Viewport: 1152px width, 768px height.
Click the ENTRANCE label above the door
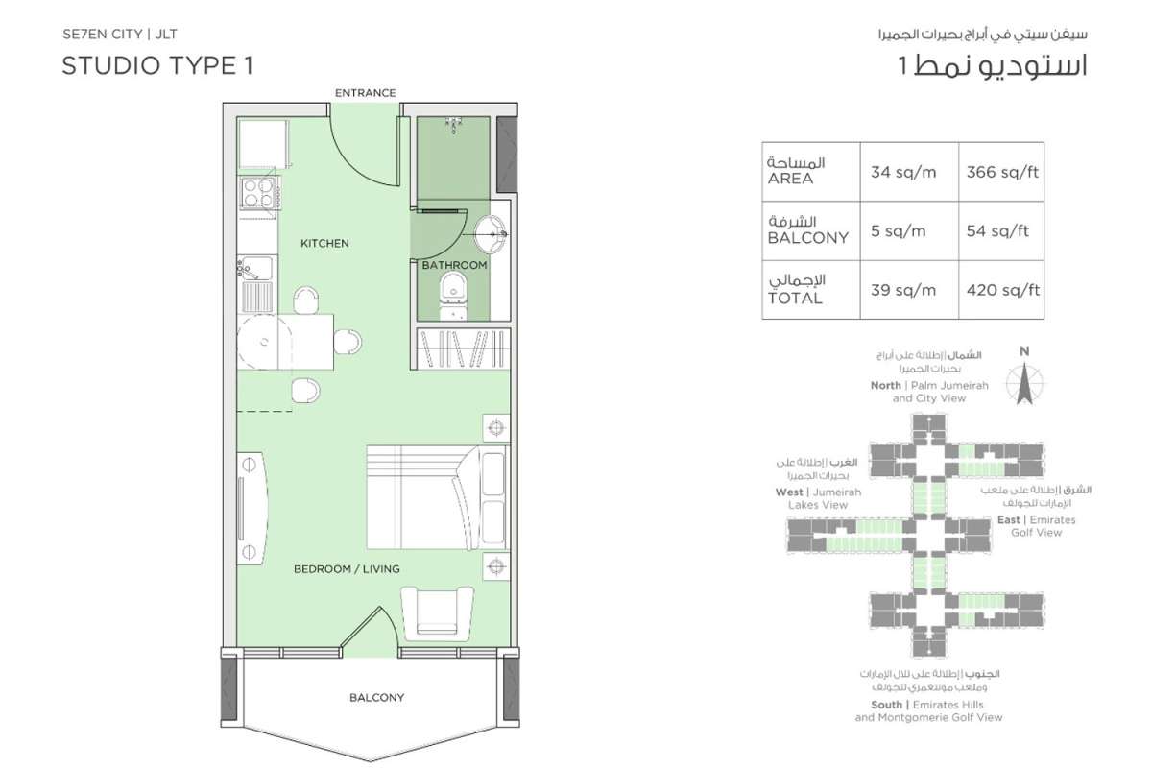coord(365,93)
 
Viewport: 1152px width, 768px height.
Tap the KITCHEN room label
coord(324,243)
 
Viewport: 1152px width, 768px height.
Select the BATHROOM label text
coord(454,265)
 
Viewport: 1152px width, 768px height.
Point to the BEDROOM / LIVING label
coord(347,569)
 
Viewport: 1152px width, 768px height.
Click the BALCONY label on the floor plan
coord(377,698)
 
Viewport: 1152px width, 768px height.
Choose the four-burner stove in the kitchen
coord(258,192)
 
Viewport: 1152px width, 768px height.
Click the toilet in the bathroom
coord(453,296)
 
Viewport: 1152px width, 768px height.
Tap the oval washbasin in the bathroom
coord(491,234)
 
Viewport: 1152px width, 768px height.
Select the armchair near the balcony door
coord(437,613)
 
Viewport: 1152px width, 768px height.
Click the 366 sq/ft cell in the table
coord(1002,172)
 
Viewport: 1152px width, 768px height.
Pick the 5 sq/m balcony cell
coord(898,231)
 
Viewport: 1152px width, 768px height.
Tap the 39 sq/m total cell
coord(903,290)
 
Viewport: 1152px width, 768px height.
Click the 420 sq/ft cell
coord(1003,290)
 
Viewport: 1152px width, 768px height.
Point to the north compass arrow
coord(1024,384)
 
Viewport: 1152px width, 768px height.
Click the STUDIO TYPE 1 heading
coord(157,66)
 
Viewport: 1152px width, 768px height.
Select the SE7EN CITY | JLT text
coord(120,35)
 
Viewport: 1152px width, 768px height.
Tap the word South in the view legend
coord(887,705)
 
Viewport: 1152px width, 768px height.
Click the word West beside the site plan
coord(789,492)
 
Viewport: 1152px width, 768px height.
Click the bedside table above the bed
coord(496,428)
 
